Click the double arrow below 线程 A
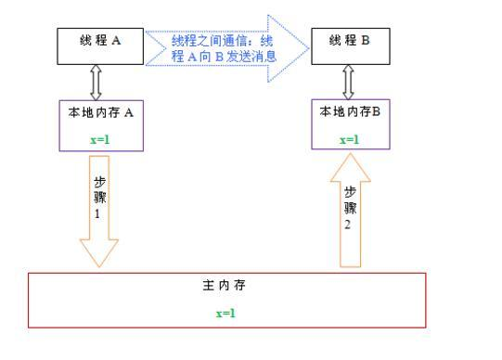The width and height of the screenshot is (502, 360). tap(95, 84)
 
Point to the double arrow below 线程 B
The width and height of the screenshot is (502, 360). tap(350, 82)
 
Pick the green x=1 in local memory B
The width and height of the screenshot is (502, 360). tap(349, 139)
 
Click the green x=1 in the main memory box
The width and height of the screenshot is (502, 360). tap(226, 313)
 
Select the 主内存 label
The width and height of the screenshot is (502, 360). tap(225, 287)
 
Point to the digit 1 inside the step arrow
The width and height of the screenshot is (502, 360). tap(97, 212)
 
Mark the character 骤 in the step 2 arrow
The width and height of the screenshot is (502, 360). tap(351, 208)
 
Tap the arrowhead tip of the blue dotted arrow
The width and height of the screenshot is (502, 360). tap(306, 46)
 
